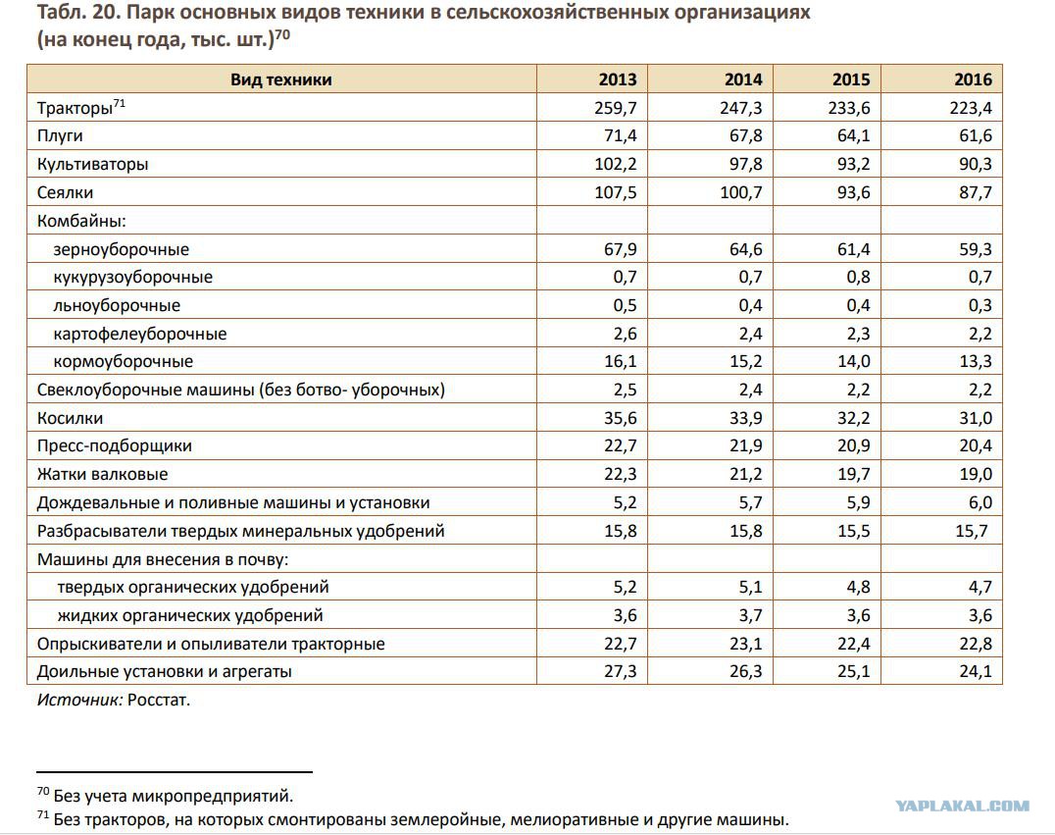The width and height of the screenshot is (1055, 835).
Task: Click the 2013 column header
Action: [x=617, y=79]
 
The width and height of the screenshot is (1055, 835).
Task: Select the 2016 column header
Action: [x=973, y=79]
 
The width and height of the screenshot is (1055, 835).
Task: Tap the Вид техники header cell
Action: [x=281, y=79]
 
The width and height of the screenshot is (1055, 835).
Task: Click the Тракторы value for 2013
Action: [x=615, y=108]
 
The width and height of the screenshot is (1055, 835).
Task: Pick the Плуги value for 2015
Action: [x=853, y=136]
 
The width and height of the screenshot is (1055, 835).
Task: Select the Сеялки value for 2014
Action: [x=741, y=192]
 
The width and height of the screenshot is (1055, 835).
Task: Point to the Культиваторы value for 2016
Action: [x=975, y=164]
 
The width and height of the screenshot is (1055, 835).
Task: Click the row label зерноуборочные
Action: [x=122, y=250]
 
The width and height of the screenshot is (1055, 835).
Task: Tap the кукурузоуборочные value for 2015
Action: [x=858, y=278]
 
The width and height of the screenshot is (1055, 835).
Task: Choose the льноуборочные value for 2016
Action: [x=980, y=306]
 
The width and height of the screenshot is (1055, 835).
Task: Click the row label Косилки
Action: [x=70, y=418]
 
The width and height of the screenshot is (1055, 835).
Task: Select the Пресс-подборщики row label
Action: [x=115, y=446]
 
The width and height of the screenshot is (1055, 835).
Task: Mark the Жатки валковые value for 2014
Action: [x=745, y=475]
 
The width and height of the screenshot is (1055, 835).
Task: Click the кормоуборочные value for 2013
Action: [x=620, y=362]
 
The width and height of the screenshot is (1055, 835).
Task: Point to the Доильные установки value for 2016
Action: [x=975, y=671]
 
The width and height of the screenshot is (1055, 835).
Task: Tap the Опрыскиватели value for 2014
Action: [x=745, y=644]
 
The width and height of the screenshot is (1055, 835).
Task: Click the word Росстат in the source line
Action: [x=159, y=701]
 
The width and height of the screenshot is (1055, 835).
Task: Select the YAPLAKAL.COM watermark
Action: [x=962, y=806]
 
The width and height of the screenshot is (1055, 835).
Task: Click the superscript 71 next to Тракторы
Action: [x=119, y=103]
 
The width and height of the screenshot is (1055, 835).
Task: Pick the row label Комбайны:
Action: [x=81, y=221]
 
